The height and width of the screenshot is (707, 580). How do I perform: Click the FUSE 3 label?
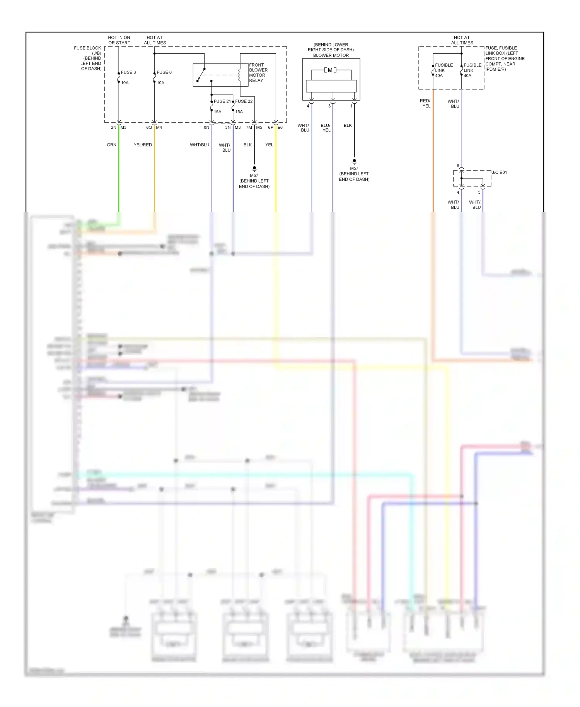[x=128, y=72]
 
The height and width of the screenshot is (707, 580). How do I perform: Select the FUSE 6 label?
[x=164, y=72]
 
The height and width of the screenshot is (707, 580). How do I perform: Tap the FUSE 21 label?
[x=222, y=101]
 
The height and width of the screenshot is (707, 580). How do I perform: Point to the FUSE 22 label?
[x=244, y=101]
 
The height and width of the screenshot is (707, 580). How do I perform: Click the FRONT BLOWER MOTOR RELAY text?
[x=258, y=73]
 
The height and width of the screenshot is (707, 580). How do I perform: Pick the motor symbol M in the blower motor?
[x=330, y=70]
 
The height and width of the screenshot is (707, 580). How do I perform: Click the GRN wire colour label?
[x=111, y=145]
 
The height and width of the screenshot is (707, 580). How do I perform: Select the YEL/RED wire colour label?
[x=143, y=145]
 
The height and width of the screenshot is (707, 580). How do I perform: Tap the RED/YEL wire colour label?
[x=425, y=103]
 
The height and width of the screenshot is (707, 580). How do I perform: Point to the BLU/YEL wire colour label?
[x=326, y=128]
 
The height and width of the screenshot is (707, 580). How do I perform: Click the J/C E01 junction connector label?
[x=499, y=172]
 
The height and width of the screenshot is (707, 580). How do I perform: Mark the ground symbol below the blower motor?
[x=354, y=161]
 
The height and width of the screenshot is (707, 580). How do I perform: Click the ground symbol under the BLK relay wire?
[x=254, y=169]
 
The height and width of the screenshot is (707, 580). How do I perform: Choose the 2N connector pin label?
[x=113, y=127]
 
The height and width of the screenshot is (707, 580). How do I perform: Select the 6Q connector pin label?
[x=149, y=127]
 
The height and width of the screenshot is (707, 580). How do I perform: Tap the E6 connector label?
[x=280, y=127]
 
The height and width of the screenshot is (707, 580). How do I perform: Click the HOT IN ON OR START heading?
[x=119, y=40]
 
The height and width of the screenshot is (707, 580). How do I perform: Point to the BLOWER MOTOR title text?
[x=331, y=55]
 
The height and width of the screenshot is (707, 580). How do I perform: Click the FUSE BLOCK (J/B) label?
[x=88, y=51]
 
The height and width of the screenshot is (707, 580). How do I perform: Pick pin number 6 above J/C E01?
[x=458, y=166]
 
